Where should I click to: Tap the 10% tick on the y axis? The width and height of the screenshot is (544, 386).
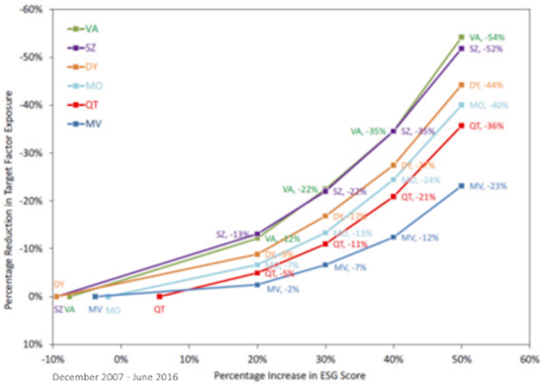33,344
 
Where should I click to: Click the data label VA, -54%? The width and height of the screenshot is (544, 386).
488,36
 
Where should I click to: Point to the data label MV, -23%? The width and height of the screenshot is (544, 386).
488,186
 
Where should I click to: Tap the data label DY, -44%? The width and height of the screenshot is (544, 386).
488,85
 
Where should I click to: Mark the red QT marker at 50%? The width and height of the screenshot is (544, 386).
461,126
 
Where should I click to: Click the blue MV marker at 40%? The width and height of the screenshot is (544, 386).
393,238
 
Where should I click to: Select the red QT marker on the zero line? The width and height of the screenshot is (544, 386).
159,296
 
